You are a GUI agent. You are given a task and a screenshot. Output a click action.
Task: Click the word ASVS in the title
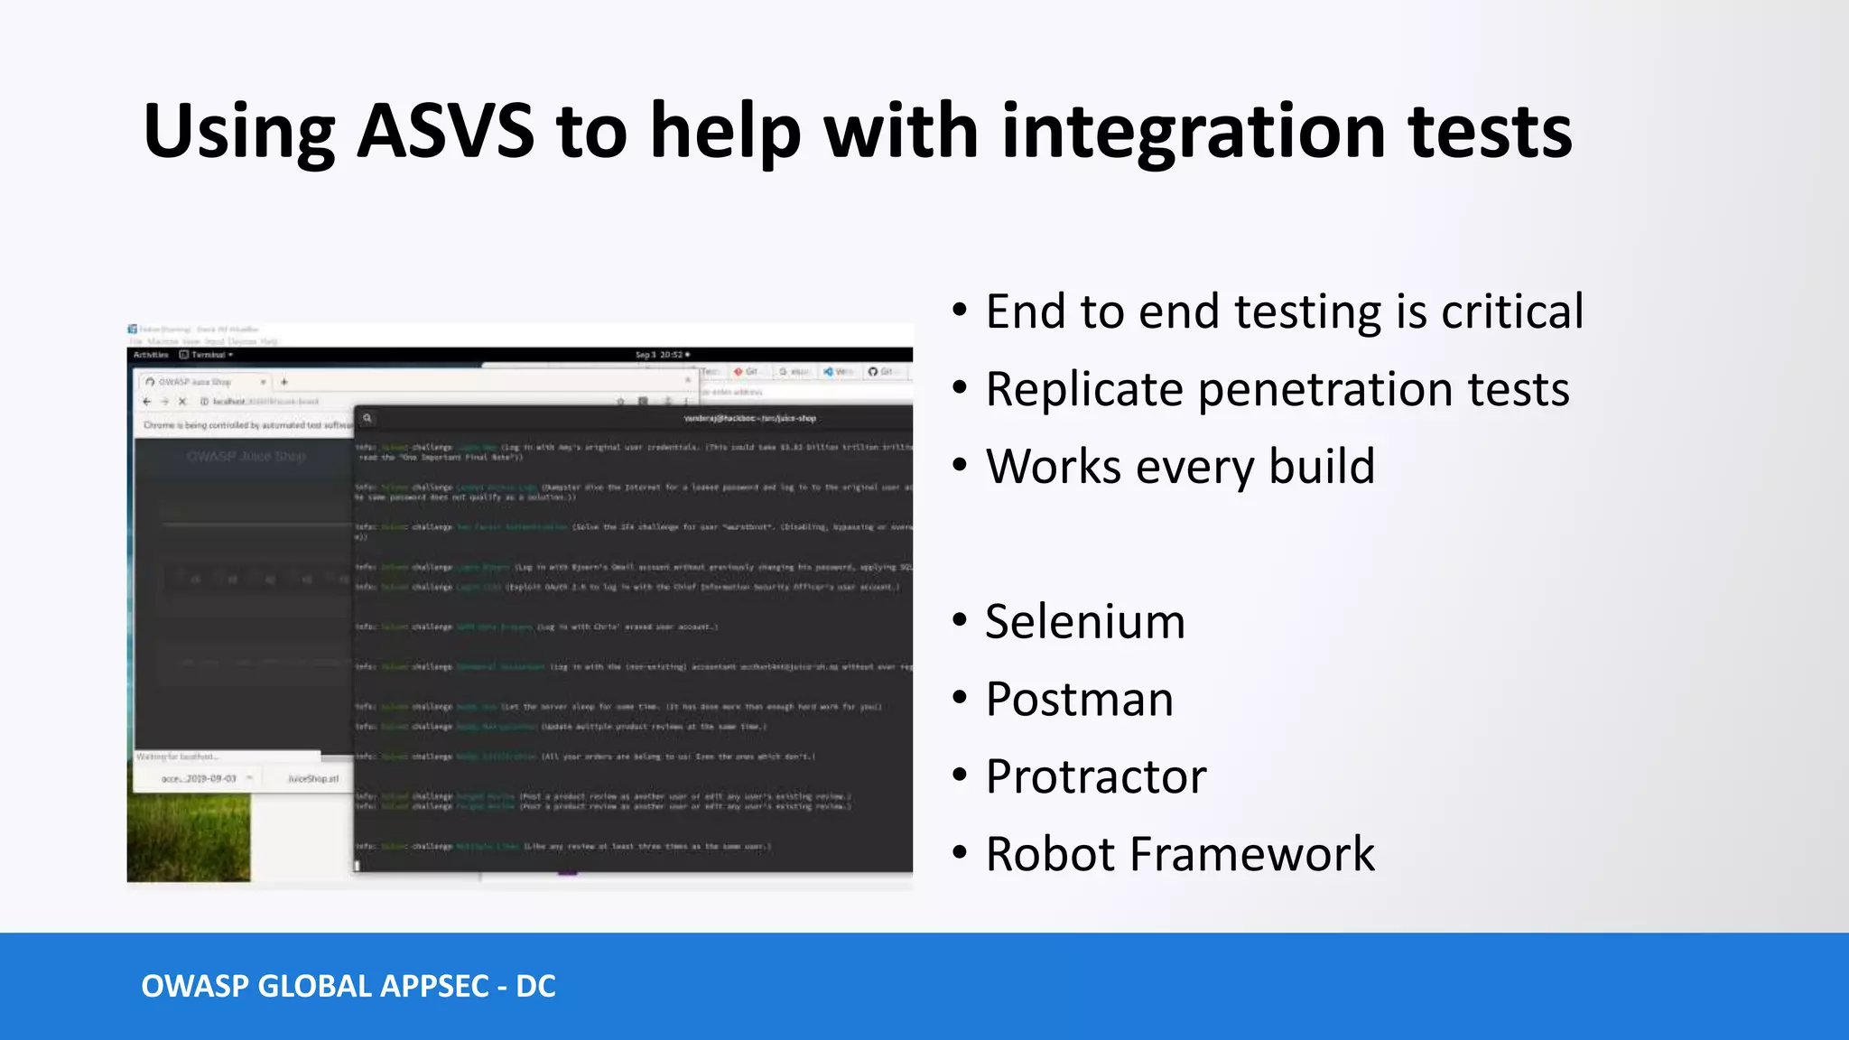click(446, 132)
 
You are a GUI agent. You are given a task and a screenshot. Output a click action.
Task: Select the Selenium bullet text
click(1084, 622)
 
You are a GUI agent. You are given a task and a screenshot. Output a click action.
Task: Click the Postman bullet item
click(1079, 700)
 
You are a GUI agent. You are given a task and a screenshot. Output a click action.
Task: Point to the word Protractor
click(1095, 777)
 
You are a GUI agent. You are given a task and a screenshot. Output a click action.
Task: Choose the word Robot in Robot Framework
click(1050, 854)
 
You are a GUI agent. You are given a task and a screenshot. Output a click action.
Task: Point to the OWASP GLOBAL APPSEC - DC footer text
click(348, 987)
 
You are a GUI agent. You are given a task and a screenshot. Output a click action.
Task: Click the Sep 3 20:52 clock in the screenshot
click(662, 355)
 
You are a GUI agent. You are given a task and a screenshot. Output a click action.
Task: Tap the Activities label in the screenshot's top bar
click(151, 355)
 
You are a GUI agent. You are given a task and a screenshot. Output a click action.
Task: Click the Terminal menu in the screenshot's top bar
click(209, 355)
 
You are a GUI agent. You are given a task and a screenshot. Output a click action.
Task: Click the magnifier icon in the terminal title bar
click(367, 418)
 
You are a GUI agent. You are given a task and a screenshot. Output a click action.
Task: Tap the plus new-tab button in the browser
click(283, 382)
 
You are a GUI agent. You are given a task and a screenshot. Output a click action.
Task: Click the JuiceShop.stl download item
click(312, 778)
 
